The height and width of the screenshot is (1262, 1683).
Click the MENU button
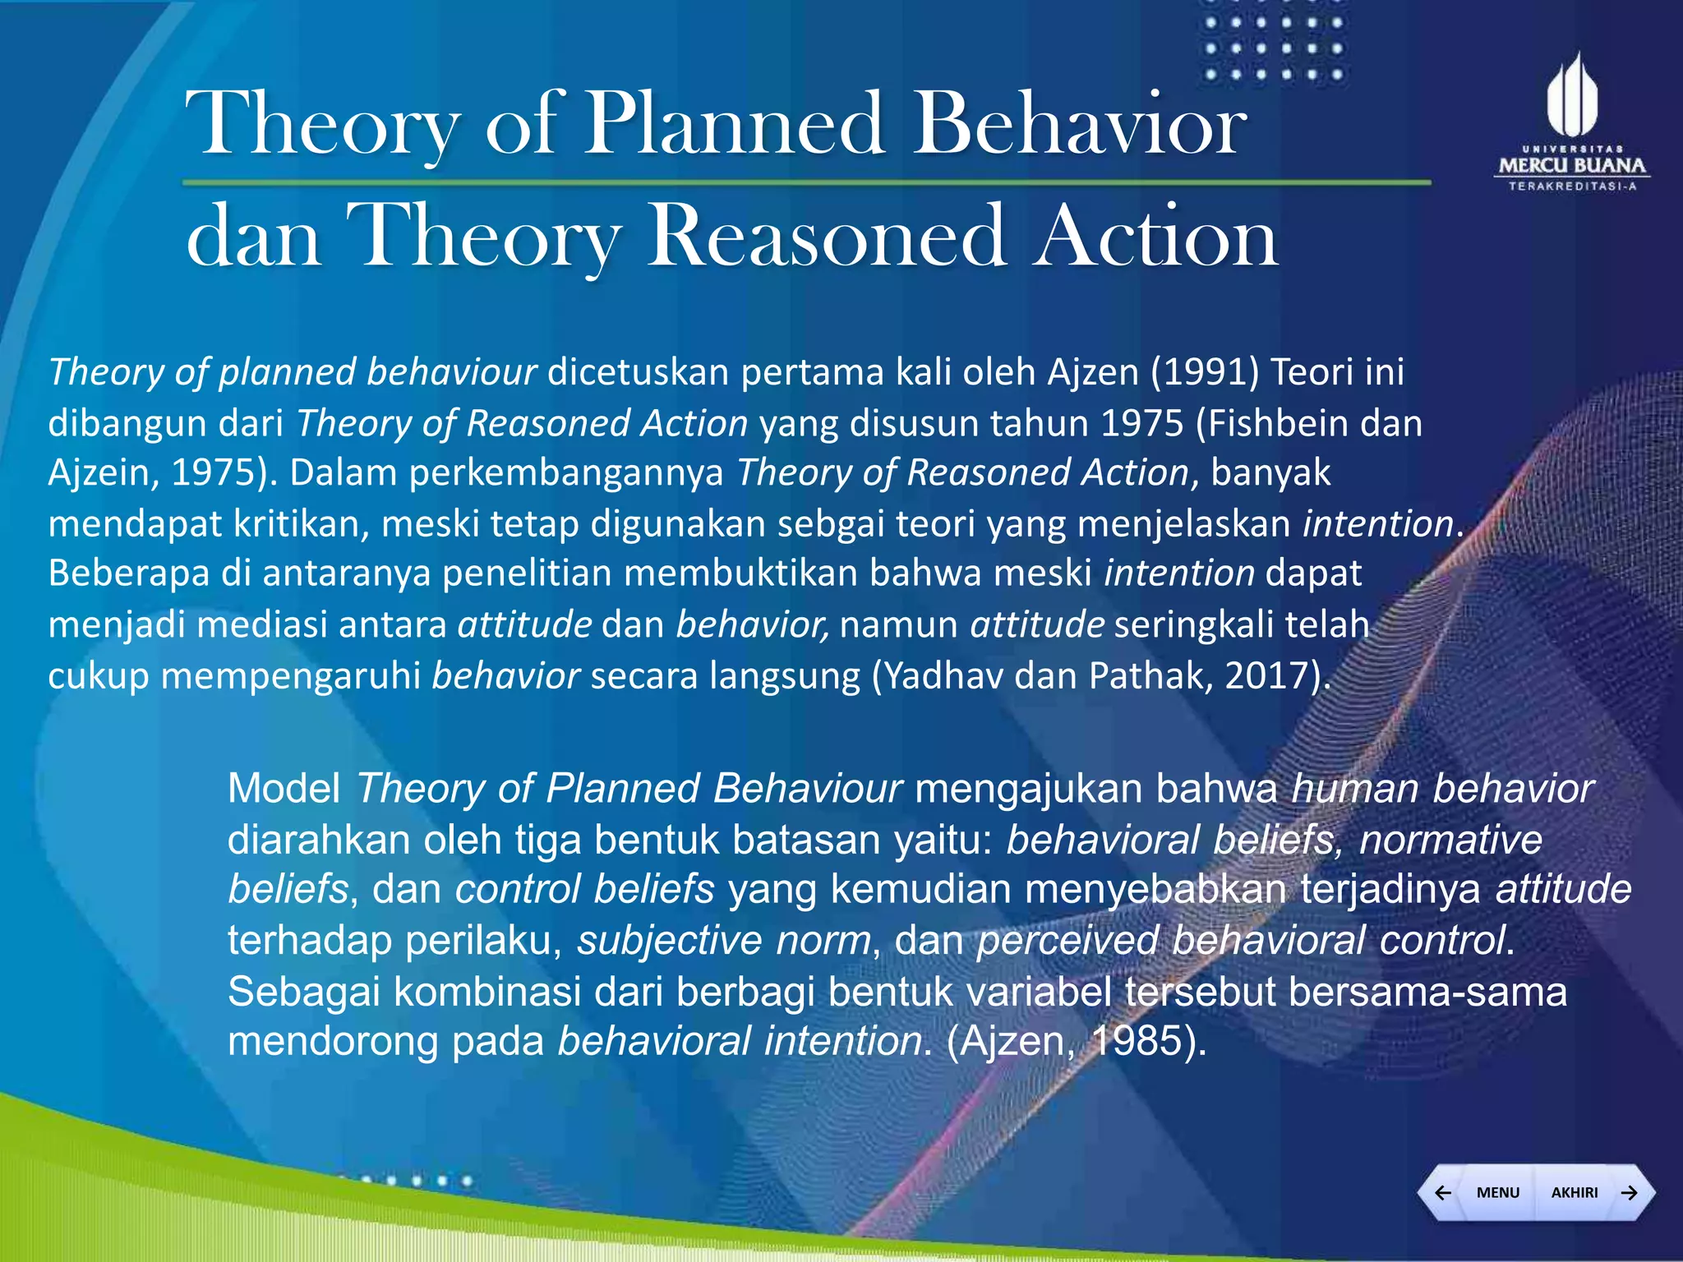1497,1192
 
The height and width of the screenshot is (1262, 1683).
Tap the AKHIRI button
1574,1192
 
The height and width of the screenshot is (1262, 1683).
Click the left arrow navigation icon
1442,1192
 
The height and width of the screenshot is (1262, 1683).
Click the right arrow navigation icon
1630,1192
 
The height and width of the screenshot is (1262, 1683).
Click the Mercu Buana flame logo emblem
1571,96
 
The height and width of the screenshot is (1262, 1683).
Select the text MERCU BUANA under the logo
1571,166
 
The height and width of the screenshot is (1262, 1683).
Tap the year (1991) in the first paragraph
1205,372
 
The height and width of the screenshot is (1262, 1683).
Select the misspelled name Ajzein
99,473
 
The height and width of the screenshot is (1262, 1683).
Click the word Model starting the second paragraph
284,789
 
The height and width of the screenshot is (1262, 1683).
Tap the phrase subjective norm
723,941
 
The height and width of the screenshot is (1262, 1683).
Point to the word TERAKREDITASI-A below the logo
1571,187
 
